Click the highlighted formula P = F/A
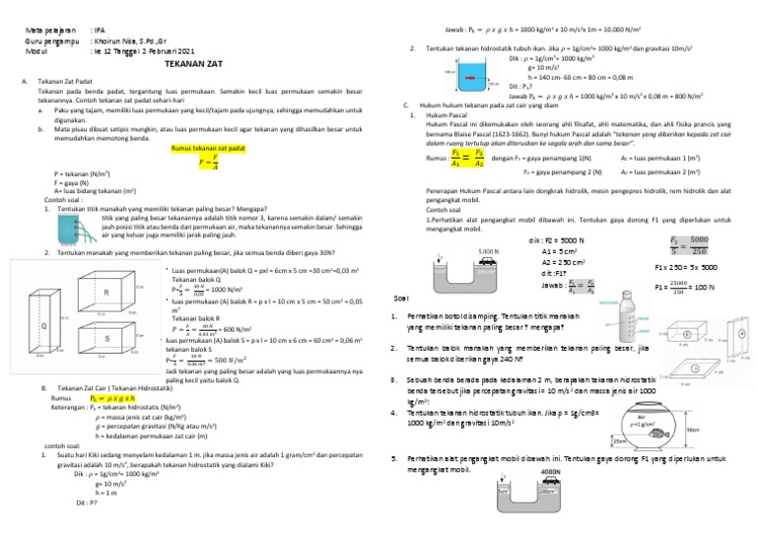208,161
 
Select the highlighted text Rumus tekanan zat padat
208,148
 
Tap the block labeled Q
44,324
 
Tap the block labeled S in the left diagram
105,339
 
